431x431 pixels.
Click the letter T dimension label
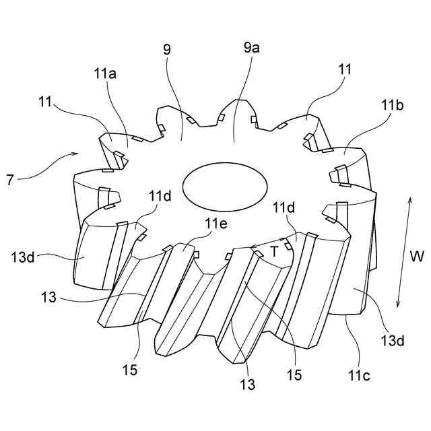[x=275, y=252]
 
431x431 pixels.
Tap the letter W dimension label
[x=418, y=257]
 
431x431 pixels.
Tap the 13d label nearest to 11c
[x=396, y=342]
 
